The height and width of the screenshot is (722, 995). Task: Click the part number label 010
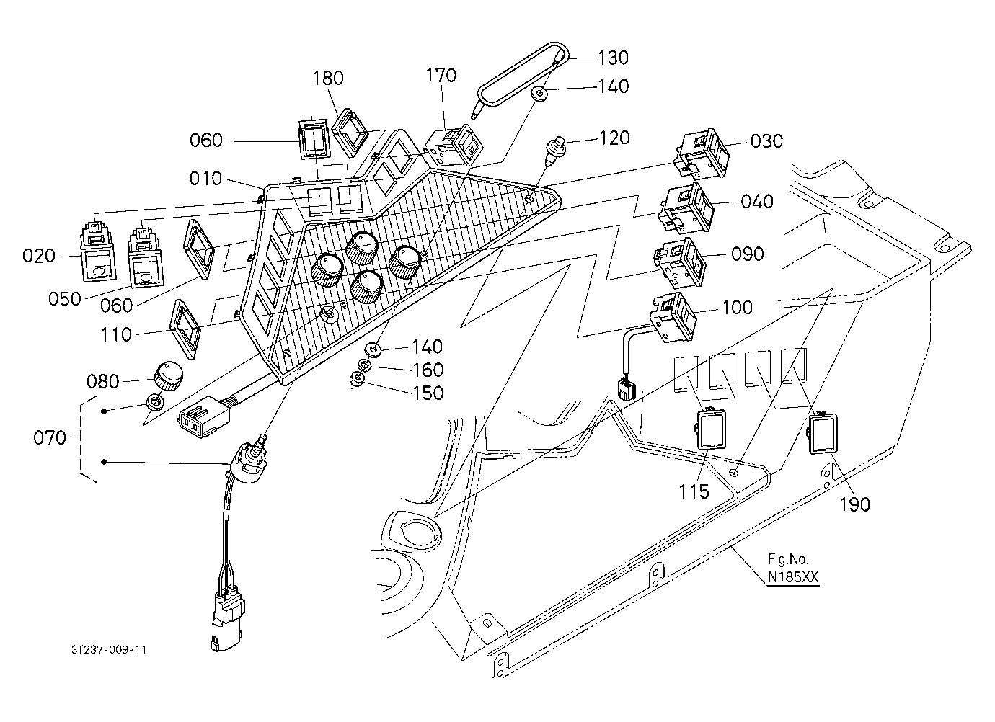[205, 179]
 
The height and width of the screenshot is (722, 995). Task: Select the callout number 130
[613, 58]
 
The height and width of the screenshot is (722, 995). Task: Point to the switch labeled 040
[686, 207]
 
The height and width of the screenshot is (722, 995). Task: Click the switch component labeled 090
[680, 262]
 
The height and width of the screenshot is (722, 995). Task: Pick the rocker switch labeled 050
[145, 257]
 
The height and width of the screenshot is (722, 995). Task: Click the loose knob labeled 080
[168, 376]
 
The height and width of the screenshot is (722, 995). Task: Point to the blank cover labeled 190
[822, 434]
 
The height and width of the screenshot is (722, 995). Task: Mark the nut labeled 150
[358, 380]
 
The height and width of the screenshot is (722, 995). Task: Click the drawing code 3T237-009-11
[109, 650]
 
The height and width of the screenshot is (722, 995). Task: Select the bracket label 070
[50, 438]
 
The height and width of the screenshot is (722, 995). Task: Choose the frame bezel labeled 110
[186, 328]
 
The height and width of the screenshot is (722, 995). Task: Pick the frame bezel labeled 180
[351, 132]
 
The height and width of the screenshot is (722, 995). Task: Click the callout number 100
[738, 307]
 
